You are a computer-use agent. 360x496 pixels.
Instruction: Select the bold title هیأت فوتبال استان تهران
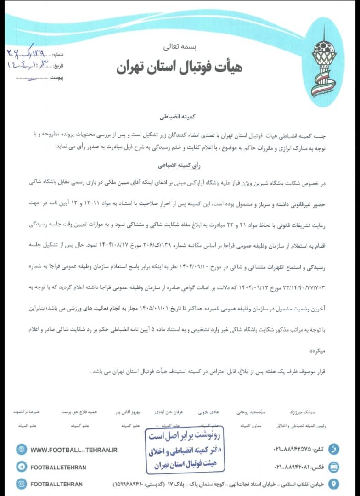click(179, 68)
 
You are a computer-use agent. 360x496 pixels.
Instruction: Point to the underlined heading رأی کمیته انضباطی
click(180, 164)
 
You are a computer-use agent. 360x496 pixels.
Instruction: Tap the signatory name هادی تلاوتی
click(208, 412)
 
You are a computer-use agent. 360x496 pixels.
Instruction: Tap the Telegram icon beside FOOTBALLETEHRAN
click(21, 467)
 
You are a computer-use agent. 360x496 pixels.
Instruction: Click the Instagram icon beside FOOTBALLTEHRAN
click(21, 484)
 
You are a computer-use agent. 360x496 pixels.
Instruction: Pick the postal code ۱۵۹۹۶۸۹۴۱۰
click(129, 485)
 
